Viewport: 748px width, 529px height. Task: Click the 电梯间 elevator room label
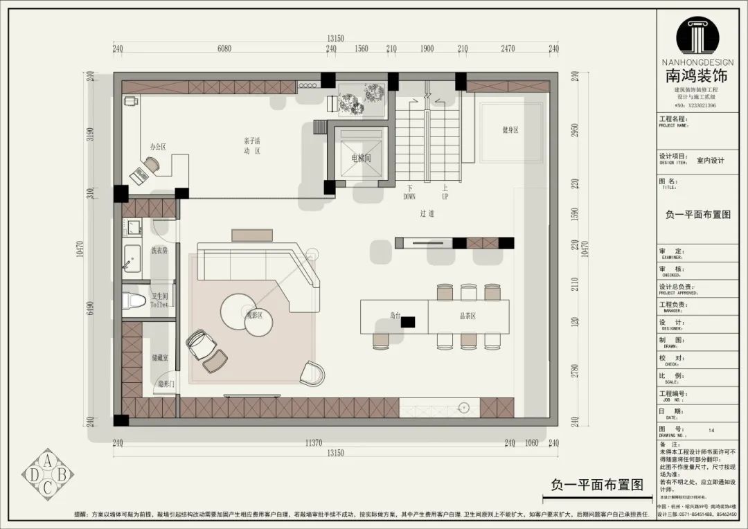361,159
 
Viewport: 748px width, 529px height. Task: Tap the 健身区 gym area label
510,129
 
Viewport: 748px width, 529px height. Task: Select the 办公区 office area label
158,147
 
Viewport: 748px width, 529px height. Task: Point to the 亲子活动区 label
251,145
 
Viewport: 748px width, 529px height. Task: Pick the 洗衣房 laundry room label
159,251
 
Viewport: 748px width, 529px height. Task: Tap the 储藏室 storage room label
159,359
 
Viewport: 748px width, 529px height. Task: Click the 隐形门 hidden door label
166,384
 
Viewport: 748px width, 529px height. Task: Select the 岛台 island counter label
395,316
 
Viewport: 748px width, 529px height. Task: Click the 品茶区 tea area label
468,316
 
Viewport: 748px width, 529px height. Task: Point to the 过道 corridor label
427,215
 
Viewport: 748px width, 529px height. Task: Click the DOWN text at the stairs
409,197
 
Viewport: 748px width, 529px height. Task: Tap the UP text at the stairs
445,197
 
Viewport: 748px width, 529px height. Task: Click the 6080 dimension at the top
224,48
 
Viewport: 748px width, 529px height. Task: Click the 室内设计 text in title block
710,161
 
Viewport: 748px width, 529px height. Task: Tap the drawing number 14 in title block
711,430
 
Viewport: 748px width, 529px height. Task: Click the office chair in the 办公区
151,163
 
